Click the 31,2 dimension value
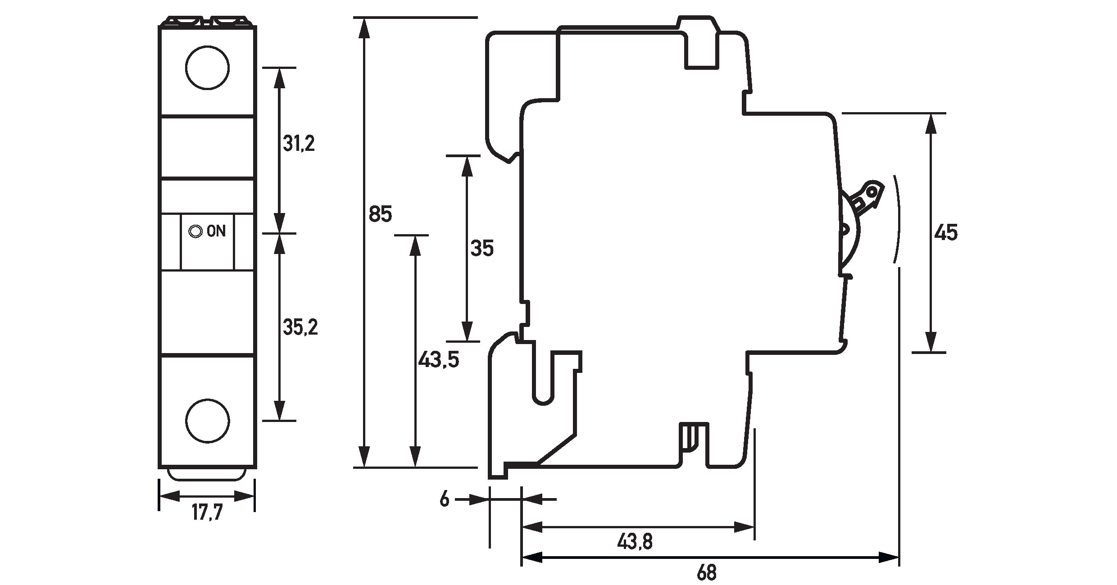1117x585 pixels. pyautogui.click(x=299, y=144)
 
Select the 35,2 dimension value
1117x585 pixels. pyautogui.click(x=300, y=328)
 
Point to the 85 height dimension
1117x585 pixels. pyautogui.click(x=380, y=214)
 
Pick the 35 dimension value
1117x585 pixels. pyautogui.click(x=482, y=249)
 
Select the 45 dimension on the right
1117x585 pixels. pyautogui.click(x=946, y=233)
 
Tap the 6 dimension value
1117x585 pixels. pyautogui.click(x=445, y=499)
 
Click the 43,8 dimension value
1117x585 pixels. pyautogui.click(x=635, y=542)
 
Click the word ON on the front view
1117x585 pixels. pyautogui.click(x=216, y=231)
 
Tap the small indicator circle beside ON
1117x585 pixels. pyautogui.click(x=195, y=231)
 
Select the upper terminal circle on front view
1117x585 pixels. pyautogui.click(x=207, y=68)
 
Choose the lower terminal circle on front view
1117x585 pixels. pyautogui.click(x=208, y=421)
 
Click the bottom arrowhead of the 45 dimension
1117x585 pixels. pyautogui.click(x=931, y=342)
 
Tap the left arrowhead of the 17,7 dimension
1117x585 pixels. pyautogui.click(x=169, y=497)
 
